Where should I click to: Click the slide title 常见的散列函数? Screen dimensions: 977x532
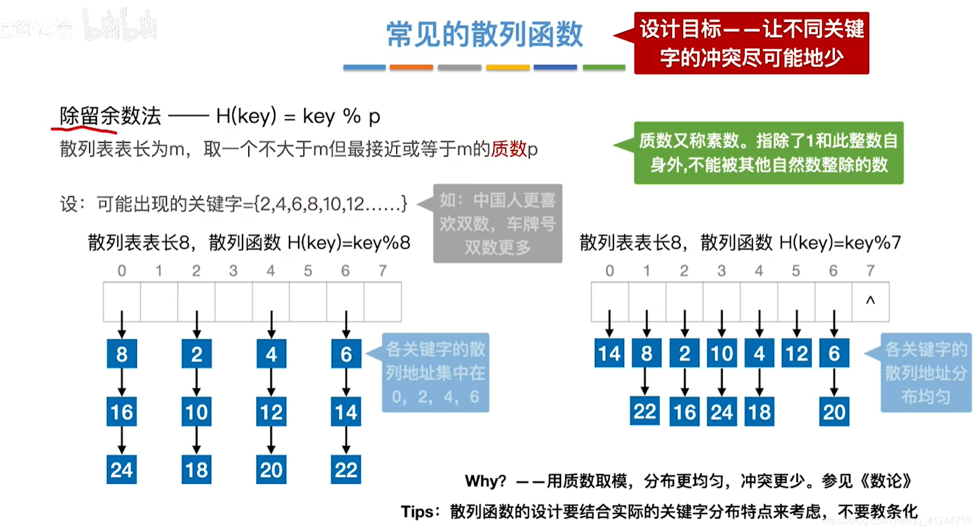[484, 35]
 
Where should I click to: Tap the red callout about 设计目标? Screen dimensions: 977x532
[752, 43]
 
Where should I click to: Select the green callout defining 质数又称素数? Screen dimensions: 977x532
[768, 153]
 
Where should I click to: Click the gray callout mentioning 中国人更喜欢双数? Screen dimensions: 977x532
[497, 223]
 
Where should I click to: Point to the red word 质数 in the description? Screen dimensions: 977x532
[509, 149]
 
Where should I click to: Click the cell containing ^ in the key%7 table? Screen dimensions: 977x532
[870, 301]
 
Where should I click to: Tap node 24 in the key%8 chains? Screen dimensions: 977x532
[122, 470]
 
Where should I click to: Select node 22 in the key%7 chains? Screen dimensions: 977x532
[645, 412]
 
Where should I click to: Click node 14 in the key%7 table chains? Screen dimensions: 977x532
[609, 354]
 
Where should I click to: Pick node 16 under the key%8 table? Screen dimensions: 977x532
[122, 412]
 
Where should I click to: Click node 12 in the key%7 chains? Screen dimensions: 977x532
[797, 354]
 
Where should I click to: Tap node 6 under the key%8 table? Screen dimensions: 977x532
[346, 354]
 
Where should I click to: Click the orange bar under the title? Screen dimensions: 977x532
[411, 67]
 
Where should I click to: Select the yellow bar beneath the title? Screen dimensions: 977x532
[507, 67]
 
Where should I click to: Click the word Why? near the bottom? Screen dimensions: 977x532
[485, 481]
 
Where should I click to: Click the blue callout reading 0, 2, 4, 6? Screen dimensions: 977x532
[436, 373]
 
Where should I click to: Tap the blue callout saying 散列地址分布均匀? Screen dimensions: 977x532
[926, 373]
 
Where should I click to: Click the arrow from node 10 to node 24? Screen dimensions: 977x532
[721, 383]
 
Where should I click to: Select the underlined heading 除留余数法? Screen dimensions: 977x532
[110, 116]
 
